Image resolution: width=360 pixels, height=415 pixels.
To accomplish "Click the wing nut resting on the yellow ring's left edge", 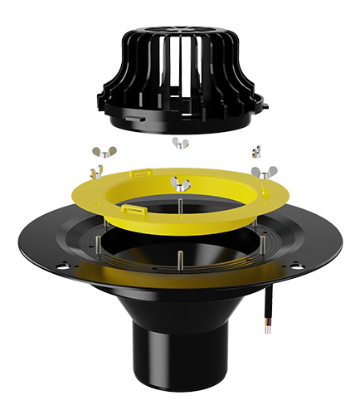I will tap(98, 171).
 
